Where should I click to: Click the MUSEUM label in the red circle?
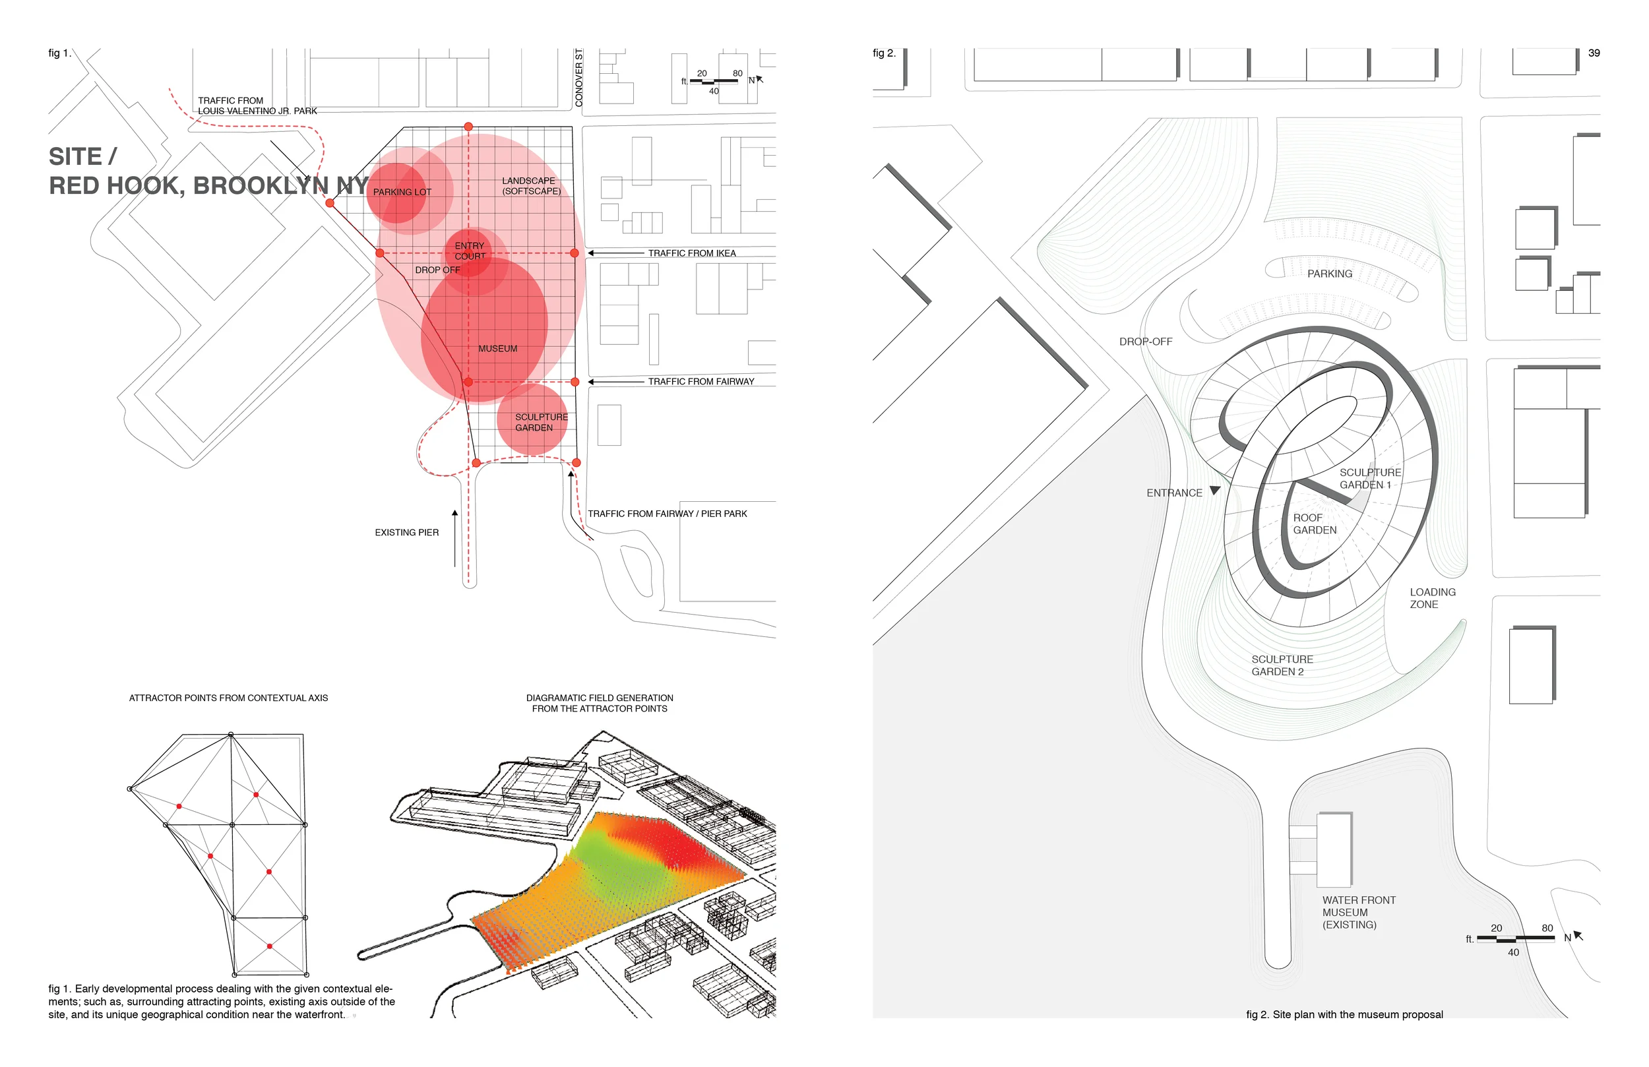point(497,348)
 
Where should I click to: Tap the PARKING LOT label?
point(402,192)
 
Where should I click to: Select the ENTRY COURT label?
point(470,251)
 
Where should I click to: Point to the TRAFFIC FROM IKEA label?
point(691,253)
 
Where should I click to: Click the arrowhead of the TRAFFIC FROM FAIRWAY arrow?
point(591,382)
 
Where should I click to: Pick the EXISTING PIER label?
point(407,532)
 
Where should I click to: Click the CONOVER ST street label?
point(578,78)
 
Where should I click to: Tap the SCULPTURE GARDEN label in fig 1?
point(541,422)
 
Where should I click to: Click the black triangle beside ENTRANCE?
point(1214,491)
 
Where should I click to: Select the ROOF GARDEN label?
point(1315,524)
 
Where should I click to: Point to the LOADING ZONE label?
point(1432,598)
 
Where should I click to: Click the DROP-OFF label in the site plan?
point(1145,342)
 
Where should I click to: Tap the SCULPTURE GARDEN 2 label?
point(1282,665)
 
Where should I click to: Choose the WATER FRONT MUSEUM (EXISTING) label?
point(1358,912)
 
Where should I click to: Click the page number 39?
point(1594,53)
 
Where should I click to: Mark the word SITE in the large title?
point(75,156)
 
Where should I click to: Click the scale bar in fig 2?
point(1515,938)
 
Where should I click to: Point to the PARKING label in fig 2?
point(1329,274)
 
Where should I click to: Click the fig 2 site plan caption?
point(1344,1014)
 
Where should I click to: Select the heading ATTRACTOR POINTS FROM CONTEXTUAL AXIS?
point(228,698)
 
